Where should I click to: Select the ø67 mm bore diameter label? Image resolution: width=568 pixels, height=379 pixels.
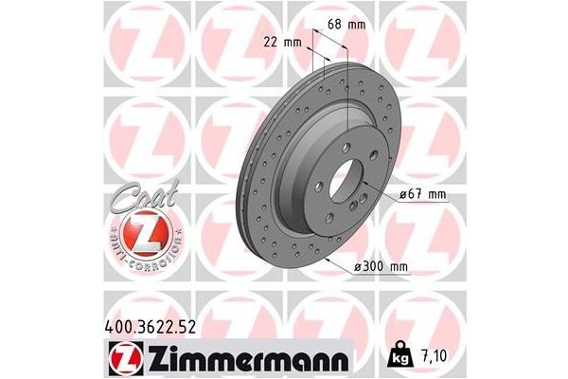[x=423, y=194]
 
